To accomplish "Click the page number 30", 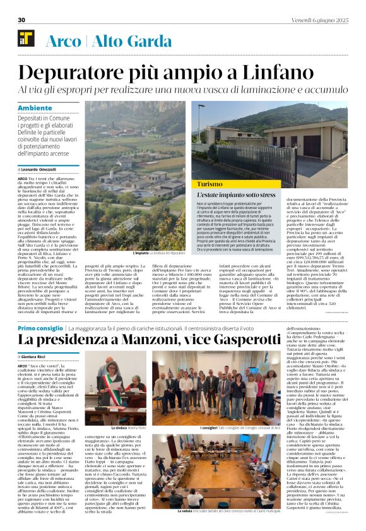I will click(21, 20).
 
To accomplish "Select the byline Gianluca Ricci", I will click(39, 357).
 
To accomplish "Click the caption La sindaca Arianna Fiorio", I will click(126, 446).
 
